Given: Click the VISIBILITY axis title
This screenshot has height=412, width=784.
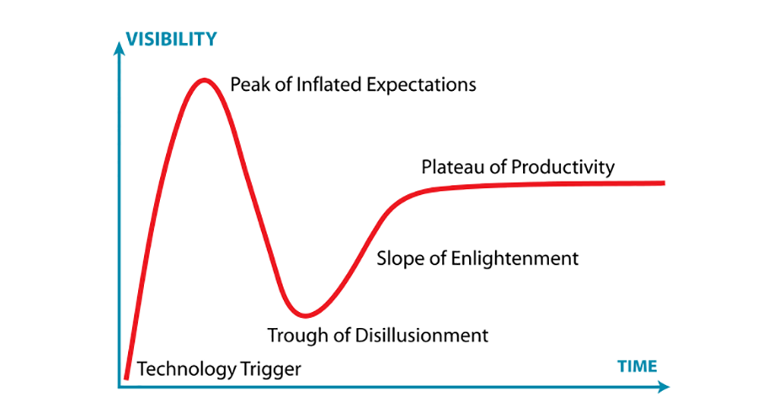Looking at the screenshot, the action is (x=171, y=39).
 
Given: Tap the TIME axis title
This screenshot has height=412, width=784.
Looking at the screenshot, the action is (x=637, y=367).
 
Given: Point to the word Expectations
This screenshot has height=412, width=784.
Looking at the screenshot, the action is (x=422, y=85).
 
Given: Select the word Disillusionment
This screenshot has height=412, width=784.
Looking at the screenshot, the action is (x=422, y=335).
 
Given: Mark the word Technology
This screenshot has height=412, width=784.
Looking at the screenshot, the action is (x=186, y=369).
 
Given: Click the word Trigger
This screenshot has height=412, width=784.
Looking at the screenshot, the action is (x=270, y=370).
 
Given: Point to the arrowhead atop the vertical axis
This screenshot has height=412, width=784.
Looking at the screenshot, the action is (x=119, y=48).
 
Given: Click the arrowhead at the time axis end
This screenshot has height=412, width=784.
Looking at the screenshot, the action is (x=664, y=387).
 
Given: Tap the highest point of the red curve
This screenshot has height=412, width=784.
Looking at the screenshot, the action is (x=204, y=80).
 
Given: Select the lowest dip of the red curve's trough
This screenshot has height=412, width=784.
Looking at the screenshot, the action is (x=305, y=315).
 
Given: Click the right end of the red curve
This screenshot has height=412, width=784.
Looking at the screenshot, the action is (x=664, y=183).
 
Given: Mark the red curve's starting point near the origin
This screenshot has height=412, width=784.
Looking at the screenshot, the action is (x=126, y=378).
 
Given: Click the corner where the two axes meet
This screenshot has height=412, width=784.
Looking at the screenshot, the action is (x=119, y=387).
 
